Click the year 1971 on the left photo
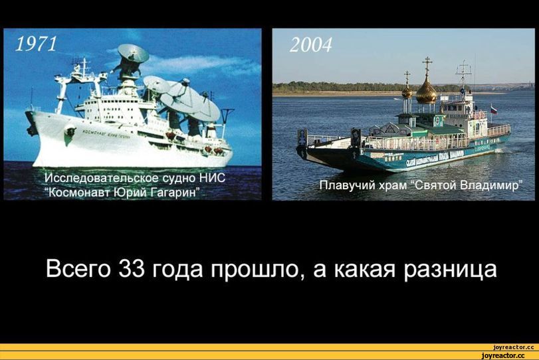coord(36,45)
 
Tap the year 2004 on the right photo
coord(311,45)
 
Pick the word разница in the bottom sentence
coord(450,270)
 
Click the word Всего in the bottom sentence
coord(78,269)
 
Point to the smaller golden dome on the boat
coord(407,92)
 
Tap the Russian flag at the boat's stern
coord(494,109)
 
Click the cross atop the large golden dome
coord(427,65)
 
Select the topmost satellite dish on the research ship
coord(133,54)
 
